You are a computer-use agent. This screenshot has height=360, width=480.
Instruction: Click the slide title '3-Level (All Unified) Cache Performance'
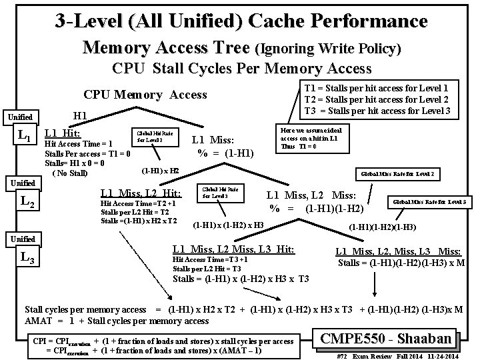point(241,21)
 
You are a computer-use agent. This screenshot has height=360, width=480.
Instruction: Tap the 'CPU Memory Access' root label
point(145,95)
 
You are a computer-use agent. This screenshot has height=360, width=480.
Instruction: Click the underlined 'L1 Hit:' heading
point(62,133)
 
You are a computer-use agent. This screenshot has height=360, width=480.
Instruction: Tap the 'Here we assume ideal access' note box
point(313,138)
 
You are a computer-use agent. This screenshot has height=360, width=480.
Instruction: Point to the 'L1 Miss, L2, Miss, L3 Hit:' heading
point(233,249)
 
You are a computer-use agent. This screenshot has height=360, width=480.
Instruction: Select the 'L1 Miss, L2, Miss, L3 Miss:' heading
point(397,251)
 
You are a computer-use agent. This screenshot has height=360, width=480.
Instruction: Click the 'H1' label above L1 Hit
point(81,116)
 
